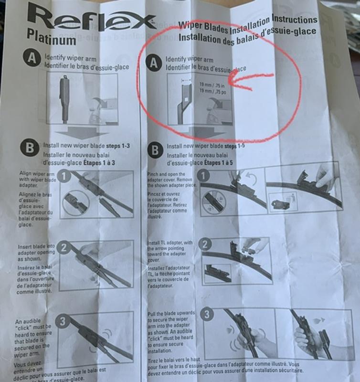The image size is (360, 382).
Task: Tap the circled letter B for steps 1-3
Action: pyautogui.click(x=30, y=148)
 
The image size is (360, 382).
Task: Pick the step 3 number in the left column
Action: pyautogui.click(x=63, y=321)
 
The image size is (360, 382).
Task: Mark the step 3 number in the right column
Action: pyautogui.click(x=207, y=316)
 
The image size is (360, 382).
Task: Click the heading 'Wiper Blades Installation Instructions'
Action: pyautogui.click(x=247, y=22)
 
